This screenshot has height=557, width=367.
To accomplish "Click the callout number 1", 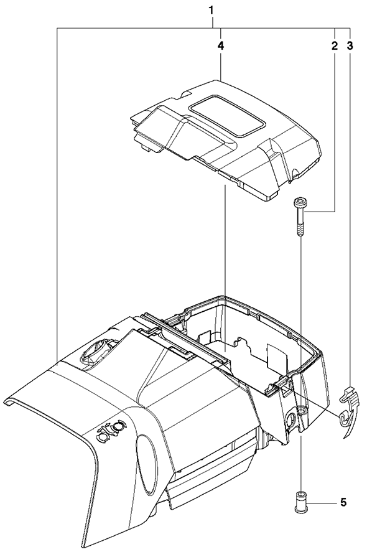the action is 211,11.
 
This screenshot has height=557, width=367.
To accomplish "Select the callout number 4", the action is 221,46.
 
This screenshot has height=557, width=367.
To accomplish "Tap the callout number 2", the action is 335,46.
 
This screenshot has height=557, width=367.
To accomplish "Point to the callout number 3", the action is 350,46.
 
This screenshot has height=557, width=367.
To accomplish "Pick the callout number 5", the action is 343,502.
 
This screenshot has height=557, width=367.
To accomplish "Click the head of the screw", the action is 298,203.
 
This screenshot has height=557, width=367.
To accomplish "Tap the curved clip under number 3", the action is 349,410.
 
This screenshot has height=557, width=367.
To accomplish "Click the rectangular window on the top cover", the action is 227,116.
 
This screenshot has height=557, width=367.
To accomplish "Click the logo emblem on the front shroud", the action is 110,431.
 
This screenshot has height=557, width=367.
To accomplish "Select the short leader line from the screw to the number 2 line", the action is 320,212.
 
